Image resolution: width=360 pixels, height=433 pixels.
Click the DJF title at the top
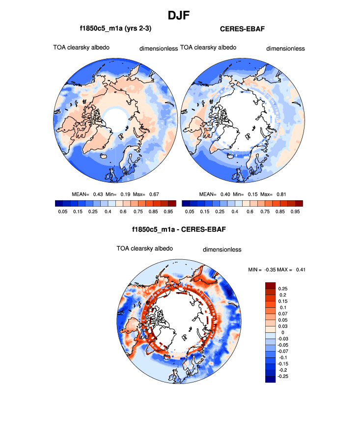pyautogui.click(x=180, y=15)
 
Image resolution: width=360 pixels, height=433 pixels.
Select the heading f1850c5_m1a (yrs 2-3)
pyautogui.click(x=115, y=29)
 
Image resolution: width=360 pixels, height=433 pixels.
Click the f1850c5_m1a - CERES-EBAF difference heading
pyautogui.click(x=179, y=229)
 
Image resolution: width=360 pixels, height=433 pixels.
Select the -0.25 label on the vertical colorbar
pyautogui.click(x=284, y=376)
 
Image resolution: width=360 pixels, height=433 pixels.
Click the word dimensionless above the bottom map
pyautogui.click(x=222, y=249)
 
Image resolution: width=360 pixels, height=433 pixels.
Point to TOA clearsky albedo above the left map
pyautogui.click(x=81, y=48)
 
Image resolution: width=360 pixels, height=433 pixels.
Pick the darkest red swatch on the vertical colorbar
pyautogui.click(x=270, y=285)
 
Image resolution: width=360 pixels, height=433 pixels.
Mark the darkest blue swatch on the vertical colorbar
pyautogui.click(x=270, y=379)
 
